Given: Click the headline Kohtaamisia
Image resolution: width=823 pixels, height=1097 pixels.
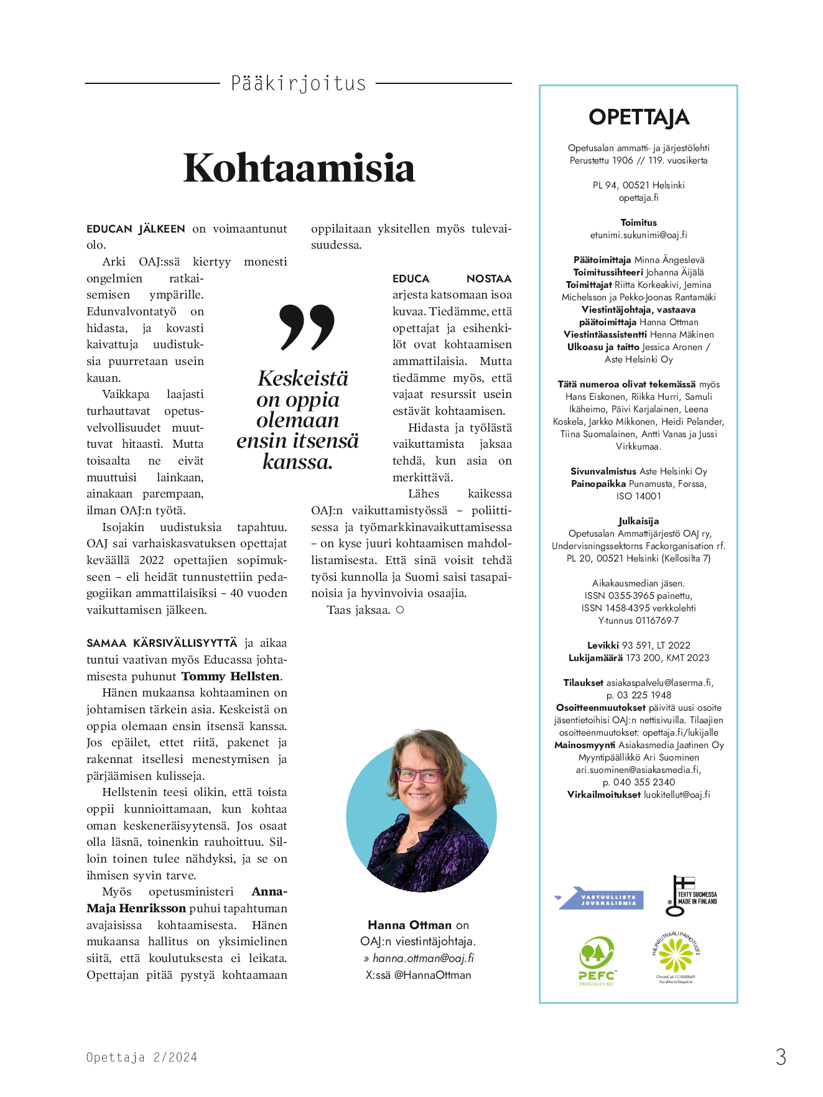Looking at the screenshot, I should pyautogui.click(x=299, y=168).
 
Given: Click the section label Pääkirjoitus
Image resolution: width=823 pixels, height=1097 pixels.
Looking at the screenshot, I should pyautogui.click(x=299, y=83).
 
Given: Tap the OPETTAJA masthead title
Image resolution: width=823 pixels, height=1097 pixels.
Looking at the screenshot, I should pyautogui.click(x=639, y=117).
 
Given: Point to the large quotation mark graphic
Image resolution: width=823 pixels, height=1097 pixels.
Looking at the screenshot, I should pyautogui.click(x=307, y=327).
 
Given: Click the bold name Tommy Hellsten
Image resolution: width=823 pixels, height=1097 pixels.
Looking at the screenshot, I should pyautogui.click(x=231, y=677).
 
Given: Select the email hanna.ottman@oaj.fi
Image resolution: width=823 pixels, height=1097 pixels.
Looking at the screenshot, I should pyautogui.click(x=423, y=958).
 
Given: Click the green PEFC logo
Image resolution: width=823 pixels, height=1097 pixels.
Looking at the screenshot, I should pyautogui.click(x=597, y=960).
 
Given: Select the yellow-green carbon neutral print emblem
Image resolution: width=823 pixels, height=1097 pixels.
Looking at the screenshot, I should pyautogui.click(x=676, y=956).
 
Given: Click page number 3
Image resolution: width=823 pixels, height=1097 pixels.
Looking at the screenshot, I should pyautogui.click(x=781, y=1057).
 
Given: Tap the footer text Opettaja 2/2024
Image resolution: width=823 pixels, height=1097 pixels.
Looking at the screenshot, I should pyautogui.click(x=142, y=1057).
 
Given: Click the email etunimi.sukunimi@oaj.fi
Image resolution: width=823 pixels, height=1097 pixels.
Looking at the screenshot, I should pyautogui.click(x=639, y=235).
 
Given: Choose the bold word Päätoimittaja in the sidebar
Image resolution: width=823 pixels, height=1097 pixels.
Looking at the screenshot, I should pyautogui.click(x=602, y=260).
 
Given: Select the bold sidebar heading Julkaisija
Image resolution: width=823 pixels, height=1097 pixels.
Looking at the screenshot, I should pyautogui.click(x=638, y=521).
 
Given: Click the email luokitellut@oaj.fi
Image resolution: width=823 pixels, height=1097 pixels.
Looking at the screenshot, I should pyautogui.click(x=677, y=795).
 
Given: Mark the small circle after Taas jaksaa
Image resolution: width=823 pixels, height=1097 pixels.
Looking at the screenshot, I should pyautogui.click(x=400, y=610).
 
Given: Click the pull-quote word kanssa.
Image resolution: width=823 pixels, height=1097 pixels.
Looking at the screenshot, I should pyautogui.click(x=297, y=462).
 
